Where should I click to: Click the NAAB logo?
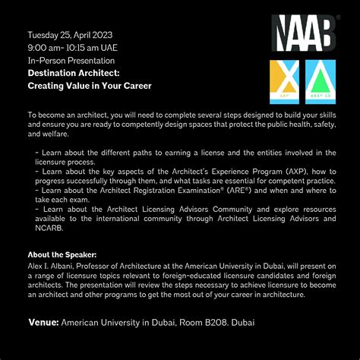pyautogui.click(x=304, y=34)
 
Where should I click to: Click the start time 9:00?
pyautogui.click(x=39, y=48)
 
